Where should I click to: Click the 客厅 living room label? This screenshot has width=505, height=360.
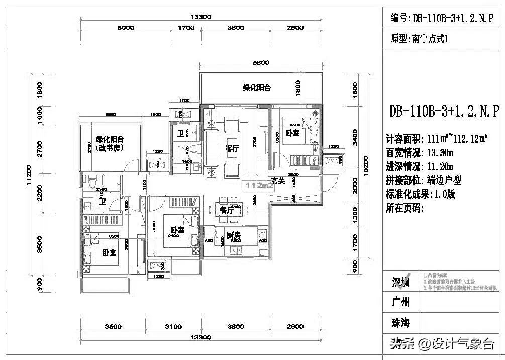tap(232, 149)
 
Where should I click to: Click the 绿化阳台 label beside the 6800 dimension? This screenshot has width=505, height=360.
tap(257, 88)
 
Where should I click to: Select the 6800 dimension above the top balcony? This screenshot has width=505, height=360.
tap(261, 63)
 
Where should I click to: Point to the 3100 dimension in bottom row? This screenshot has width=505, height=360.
tap(173, 327)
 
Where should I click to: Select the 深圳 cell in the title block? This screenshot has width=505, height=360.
tap(400, 282)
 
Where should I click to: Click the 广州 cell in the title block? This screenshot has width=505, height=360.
tap(400, 302)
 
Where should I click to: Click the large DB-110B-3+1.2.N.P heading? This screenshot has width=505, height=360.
tap(444, 111)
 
